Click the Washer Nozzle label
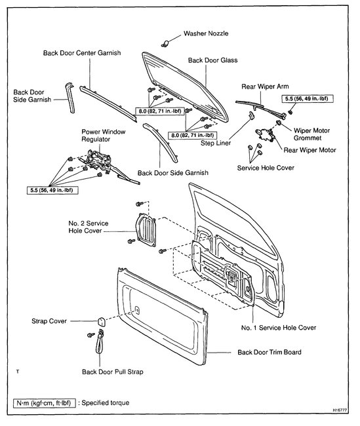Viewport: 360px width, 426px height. click(207, 32)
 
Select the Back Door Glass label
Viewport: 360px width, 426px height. click(212, 60)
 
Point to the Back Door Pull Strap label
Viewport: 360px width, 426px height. click(112, 372)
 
